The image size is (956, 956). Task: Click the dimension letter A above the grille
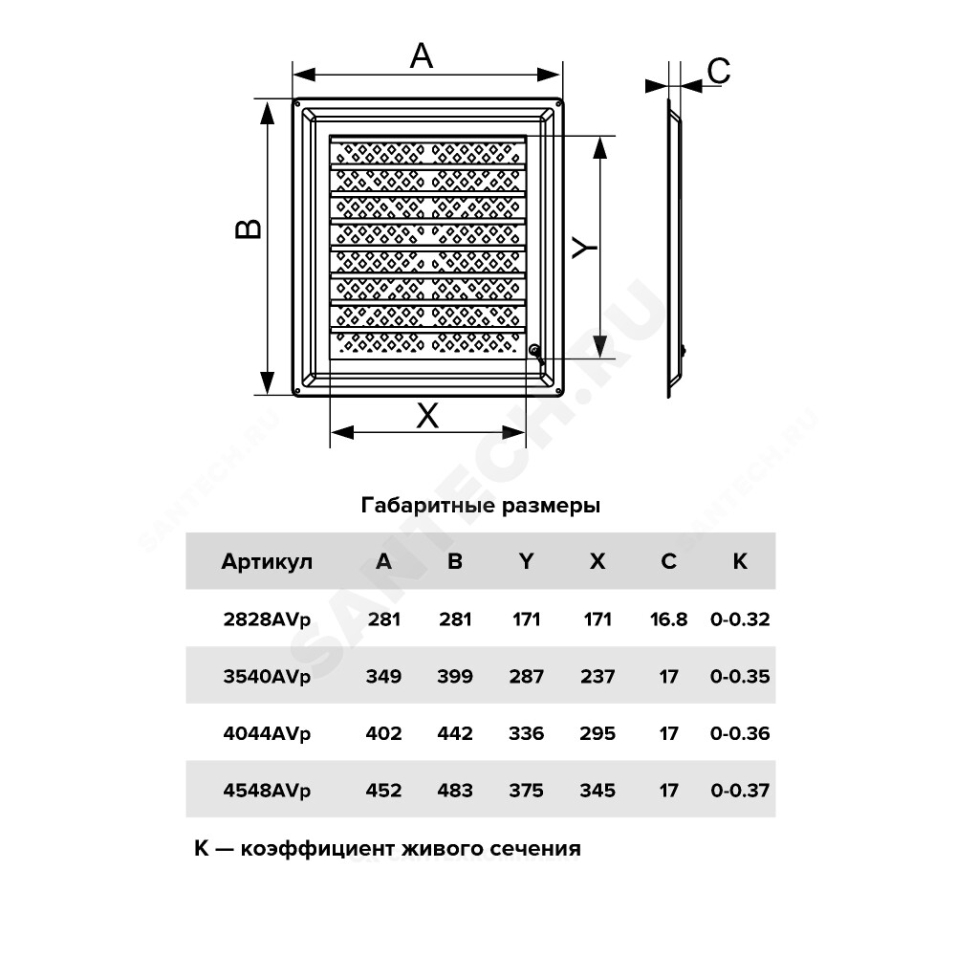point(422,56)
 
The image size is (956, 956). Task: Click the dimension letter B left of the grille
point(249,228)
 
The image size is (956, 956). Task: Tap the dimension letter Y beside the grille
point(584,247)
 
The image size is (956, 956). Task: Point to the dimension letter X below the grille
point(427,416)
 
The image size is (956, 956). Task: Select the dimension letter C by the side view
point(718,71)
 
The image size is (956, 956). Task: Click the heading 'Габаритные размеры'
point(481,506)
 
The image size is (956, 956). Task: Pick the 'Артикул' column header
point(267,561)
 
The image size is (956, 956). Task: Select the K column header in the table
point(740,561)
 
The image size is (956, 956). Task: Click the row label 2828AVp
point(267,619)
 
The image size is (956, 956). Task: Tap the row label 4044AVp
point(267,733)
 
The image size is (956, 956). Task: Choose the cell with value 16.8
point(668,619)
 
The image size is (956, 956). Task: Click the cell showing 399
point(455,676)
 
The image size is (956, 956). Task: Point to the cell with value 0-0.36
point(740,733)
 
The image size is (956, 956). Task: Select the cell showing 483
point(455,791)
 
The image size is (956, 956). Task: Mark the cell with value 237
point(597,676)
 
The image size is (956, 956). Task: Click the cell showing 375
point(526,791)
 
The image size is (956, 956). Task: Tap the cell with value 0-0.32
point(740,619)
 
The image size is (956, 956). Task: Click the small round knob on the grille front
point(534,350)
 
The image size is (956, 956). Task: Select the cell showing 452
point(383,791)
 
